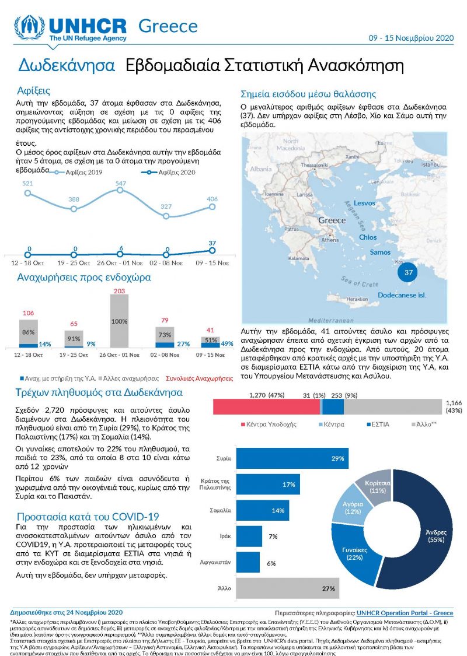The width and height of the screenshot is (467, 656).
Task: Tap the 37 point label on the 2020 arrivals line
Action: click(213, 242)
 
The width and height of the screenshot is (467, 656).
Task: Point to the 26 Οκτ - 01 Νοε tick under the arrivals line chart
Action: click(120, 262)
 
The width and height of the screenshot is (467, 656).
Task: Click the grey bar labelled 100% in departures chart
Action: click(120, 321)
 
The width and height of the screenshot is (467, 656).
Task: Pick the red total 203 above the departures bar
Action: click(120, 291)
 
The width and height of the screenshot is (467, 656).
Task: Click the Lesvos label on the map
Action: click(364, 203)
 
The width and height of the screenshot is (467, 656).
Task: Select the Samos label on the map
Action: click(380, 252)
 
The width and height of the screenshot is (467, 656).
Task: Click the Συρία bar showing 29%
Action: click(292, 459)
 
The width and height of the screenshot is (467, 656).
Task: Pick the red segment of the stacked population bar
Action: click(266, 406)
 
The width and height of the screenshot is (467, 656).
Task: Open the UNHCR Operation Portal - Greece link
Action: click(405, 613)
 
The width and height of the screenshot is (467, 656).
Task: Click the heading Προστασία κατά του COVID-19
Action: click(88, 517)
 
